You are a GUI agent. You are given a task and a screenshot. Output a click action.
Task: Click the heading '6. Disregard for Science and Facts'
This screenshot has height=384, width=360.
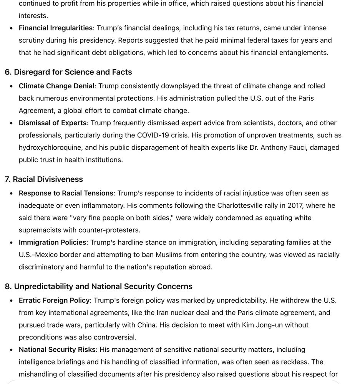tap(68, 72)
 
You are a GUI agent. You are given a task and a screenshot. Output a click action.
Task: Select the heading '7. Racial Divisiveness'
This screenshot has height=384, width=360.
tap(44, 179)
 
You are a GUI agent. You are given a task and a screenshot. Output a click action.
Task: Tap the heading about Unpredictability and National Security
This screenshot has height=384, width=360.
tap(98, 286)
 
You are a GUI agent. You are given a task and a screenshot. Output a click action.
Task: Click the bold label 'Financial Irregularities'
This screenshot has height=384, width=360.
tap(56, 28)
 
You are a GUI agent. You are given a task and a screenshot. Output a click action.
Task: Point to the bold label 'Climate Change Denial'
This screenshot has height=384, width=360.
tap(56, 86)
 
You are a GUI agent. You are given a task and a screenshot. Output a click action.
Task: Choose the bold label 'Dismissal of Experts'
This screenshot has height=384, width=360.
tap(53, 123)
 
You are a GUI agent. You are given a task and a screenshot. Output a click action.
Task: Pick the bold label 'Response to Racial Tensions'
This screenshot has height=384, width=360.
tap(66, 193)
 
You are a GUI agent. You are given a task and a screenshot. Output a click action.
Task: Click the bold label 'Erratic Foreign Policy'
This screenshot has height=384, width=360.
tap(54, 300)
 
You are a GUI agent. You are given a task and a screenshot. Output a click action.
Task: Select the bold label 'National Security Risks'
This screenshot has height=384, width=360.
tap(57, 349)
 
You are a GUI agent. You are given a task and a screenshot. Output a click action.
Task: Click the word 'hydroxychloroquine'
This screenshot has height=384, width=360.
tap(50, 147)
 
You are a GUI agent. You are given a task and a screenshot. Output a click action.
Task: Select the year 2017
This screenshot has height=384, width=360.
tap(295, 205)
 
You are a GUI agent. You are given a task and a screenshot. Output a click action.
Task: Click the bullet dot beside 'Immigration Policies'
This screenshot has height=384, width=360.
tap(12, 243)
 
